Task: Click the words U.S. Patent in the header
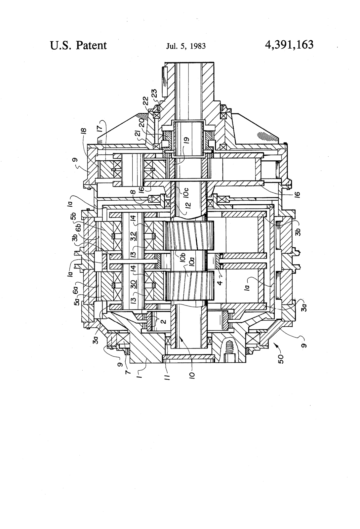(x=78, y=45)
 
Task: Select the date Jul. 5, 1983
(x=185, y=46)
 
